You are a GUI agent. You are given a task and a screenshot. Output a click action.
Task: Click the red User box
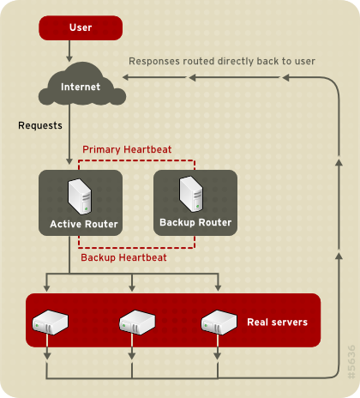81,27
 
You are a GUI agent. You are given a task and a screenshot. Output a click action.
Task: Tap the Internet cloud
81,86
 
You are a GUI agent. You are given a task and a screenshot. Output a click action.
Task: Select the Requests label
40,126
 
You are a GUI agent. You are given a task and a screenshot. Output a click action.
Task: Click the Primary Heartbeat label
127,149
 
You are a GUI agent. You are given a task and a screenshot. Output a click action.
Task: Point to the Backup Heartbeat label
123,256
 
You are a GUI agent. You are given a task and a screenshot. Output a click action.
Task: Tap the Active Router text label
84,225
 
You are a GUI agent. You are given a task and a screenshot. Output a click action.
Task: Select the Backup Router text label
195,223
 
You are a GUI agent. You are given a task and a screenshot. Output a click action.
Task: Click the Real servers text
277,323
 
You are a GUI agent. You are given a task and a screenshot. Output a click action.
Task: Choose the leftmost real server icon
48,323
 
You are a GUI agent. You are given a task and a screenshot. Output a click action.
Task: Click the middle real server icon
134,323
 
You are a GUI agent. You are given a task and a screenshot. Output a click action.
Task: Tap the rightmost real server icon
218,323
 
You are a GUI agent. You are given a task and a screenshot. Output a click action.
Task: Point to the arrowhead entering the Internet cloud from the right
125,78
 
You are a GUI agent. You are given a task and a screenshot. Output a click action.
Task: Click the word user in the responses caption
304,62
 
